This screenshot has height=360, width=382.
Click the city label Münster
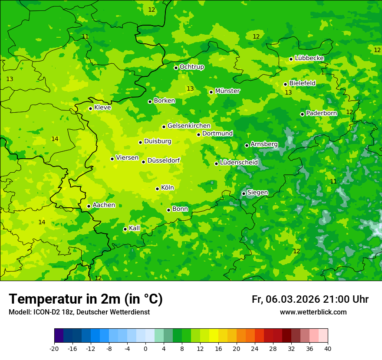[227, 91]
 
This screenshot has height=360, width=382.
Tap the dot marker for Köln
[157, 189]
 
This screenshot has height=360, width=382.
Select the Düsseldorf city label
[164, 160]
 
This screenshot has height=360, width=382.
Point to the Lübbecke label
[309, 58]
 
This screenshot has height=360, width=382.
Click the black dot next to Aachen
[89, 206]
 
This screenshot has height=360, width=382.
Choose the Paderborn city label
[321, 113]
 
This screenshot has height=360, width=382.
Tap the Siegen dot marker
[244, 193]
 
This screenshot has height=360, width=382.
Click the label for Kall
[134, 228]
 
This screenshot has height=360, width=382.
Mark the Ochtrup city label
[191, 67]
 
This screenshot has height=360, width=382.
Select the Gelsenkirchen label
[189, 126]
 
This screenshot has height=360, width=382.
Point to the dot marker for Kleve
[90, 108]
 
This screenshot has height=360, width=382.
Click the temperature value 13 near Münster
[190, 88]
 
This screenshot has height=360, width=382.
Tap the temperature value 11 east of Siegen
[333, 181]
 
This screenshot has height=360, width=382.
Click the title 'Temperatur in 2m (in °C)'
[86, 299]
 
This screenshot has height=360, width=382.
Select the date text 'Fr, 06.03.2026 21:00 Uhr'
[310, 299]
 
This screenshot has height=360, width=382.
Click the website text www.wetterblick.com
[313, 312]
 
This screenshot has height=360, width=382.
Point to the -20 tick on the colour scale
[54, 348]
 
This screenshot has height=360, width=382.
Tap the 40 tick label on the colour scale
[328, 348]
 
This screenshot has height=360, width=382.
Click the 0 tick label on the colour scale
[145, 348]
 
